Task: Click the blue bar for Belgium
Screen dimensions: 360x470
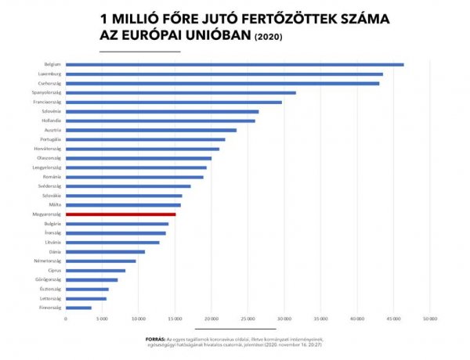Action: pyautogui.click(x=235, y=64)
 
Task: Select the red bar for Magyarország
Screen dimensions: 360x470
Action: pyautogui.click(x=121, y=214)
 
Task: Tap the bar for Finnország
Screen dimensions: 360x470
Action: pyautogui.click(x=78, y=308)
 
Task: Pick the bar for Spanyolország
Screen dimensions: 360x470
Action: pyautogui.click(x=181, y=92)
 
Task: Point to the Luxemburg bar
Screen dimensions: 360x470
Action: pyautogui.click(x=224, y=74)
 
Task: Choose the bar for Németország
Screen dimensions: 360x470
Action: pyautogui.click(x=101, y=261)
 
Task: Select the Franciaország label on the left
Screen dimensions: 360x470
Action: pyautogui.click(x=49, y=102)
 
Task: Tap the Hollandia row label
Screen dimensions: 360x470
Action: pyautogui.click(x=52, y=121)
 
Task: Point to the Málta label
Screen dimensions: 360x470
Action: pyautogui.click(x=56, y=204)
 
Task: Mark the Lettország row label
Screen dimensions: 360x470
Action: pyautogui.click(x=51, y=298)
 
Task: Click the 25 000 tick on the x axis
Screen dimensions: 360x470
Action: pyautogui.click(x=248, y=319)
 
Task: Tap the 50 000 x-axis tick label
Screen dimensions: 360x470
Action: pyautogui.click(x=429, y=319)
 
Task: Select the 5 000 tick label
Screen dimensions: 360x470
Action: pyautogui.click(x=103, y=319)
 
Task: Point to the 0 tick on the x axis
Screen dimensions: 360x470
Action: pyautogui.click(x=66, y=319)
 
